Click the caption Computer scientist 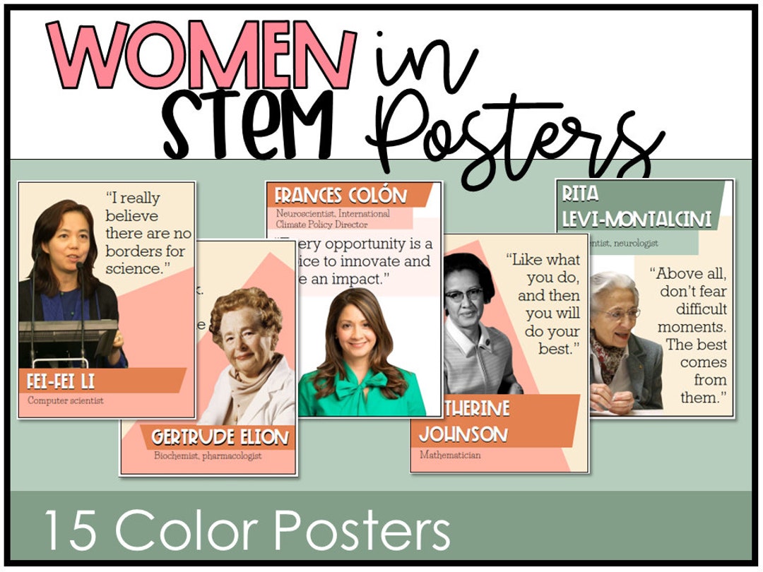[66, 400]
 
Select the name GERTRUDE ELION [220, 438]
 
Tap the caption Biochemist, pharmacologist [208, 456]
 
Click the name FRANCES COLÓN [341, 196]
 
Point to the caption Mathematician [450, 455]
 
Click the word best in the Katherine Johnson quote [557, 348]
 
